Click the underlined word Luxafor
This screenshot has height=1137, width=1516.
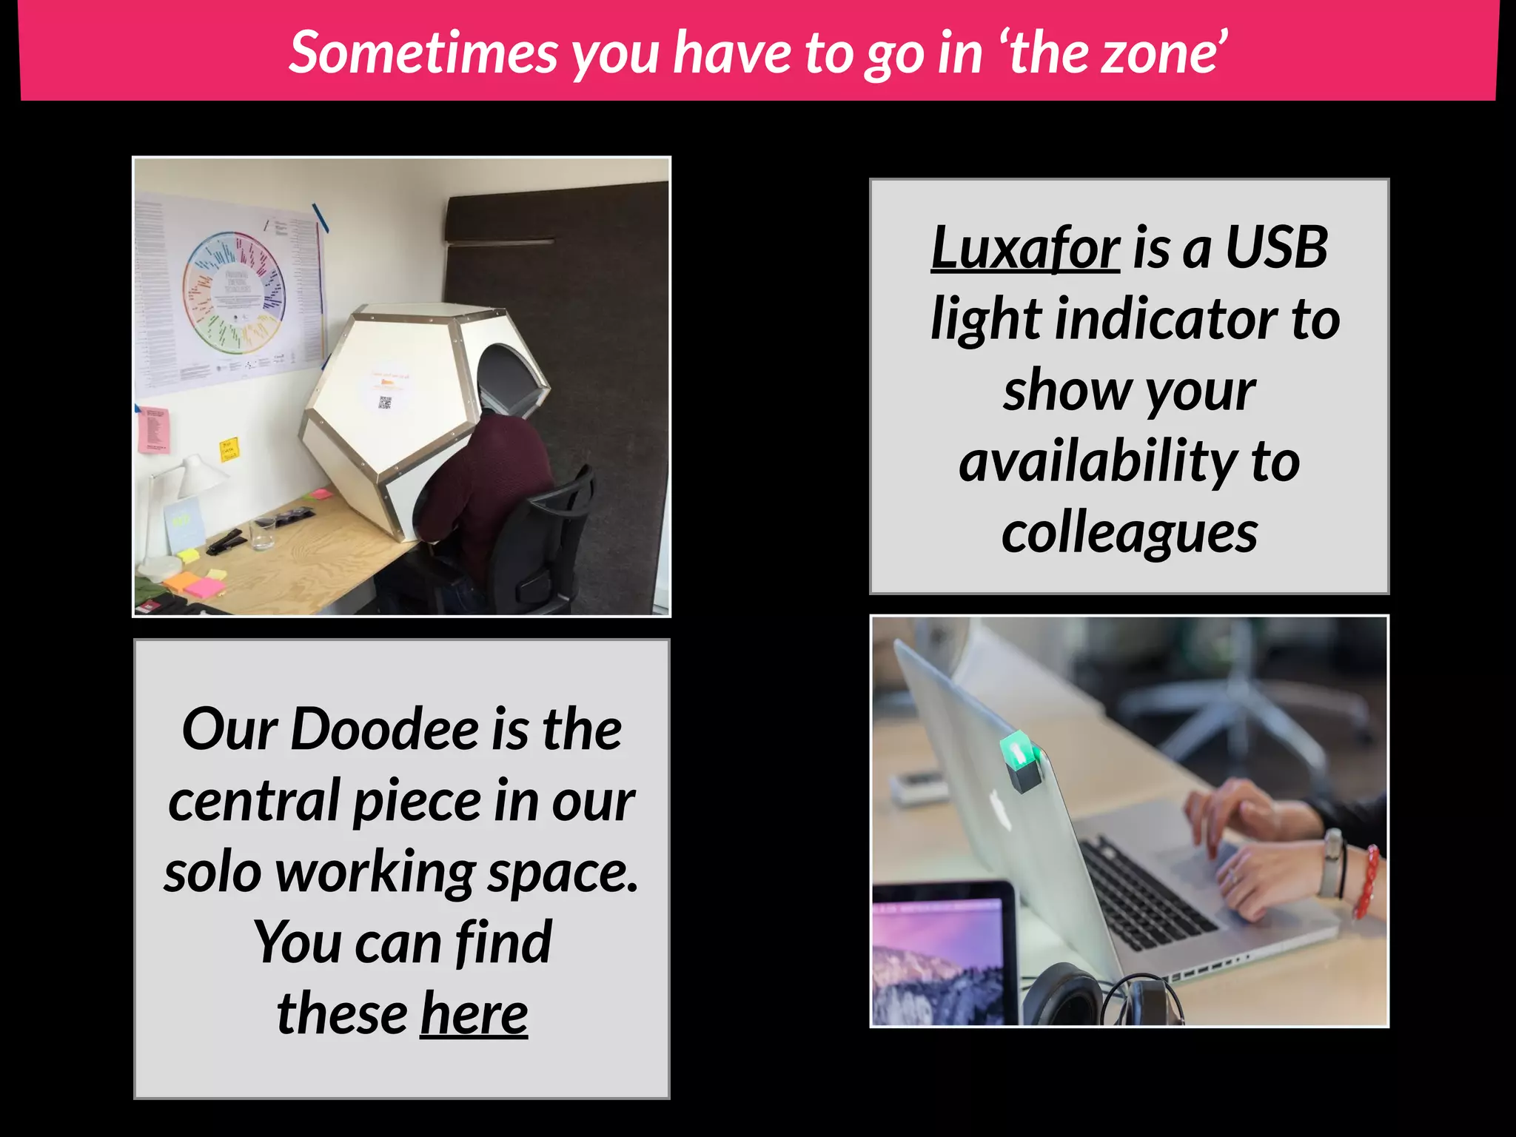1024,248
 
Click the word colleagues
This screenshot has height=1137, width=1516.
1130,533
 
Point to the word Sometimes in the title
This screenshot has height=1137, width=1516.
423,53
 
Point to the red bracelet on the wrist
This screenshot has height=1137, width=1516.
1366,881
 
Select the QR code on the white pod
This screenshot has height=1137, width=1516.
384,403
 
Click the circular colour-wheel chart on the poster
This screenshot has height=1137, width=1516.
234,290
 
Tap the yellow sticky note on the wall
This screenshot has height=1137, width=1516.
229,449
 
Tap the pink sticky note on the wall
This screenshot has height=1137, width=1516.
154,429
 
